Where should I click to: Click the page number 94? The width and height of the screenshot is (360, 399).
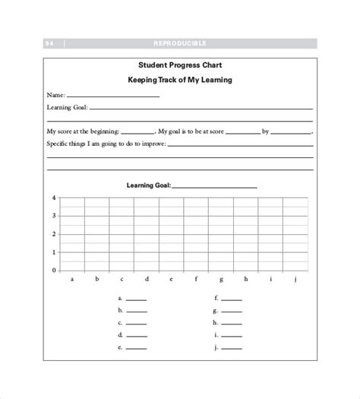[49, 43]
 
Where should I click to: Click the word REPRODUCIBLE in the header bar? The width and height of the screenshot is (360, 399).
[179, 43]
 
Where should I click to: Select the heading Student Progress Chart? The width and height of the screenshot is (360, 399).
[179, 65]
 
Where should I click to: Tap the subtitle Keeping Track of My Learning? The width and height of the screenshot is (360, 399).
[180, 79]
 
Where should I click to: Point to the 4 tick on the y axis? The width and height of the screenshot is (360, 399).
[54, 198]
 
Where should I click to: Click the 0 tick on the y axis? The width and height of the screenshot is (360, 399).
[54, 271]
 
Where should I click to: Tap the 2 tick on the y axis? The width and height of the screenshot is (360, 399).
[54, 234]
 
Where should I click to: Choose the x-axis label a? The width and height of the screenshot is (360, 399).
[72, 280]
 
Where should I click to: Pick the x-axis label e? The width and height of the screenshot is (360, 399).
[172, 280]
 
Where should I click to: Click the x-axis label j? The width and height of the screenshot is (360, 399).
[295, 280]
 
